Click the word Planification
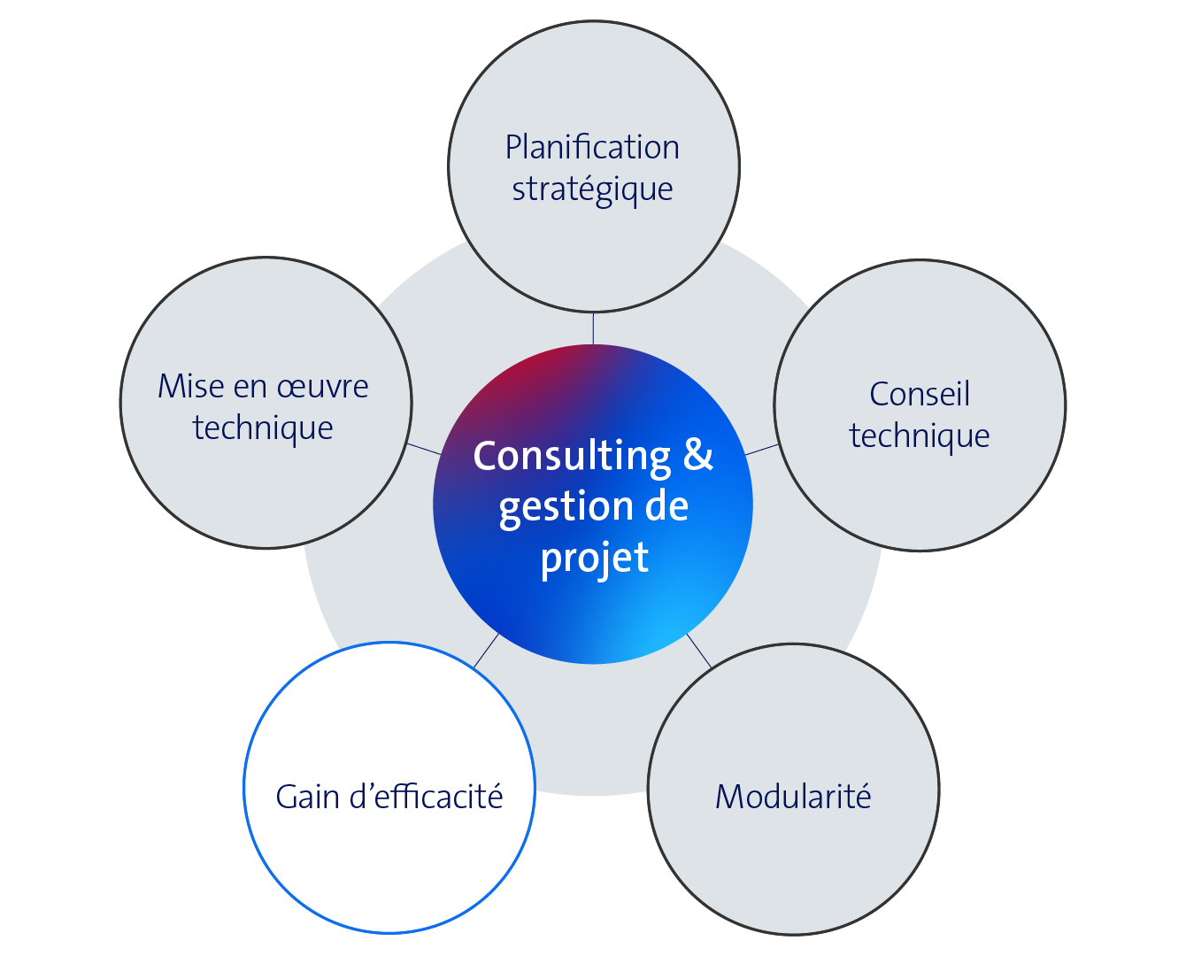tap(592, 148)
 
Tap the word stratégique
tap(592, 189)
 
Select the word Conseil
tap(920, 394)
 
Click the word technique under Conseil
tap(920, 436)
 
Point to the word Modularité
tap(793, 797)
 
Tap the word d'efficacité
tap(427, 797)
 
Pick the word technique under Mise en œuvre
tap(263, 428)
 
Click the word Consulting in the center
tap(572, 457)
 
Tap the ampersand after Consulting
tap(698, 455)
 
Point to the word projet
tap(595, 559)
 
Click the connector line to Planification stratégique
tap(593, 328)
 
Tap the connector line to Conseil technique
tap(762, 450)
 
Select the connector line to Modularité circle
tap(698, 650)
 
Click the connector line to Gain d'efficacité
tap(486, 651)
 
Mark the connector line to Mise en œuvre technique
tap(424, 449)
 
